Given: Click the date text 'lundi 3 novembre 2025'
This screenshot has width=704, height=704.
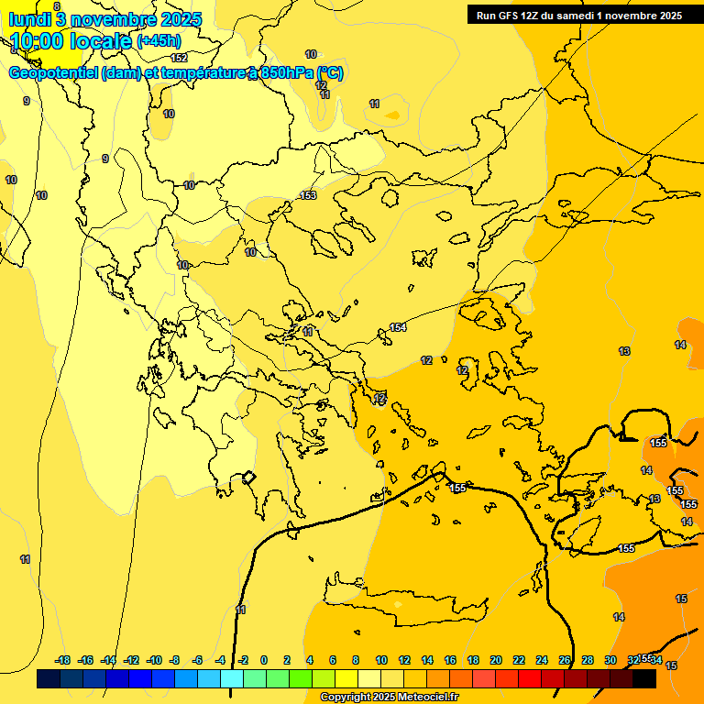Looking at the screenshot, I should (x=104, y=19).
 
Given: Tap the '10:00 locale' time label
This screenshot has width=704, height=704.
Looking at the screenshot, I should (x=71, y=41).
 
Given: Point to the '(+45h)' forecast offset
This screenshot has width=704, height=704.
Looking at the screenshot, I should (x=158, y=41).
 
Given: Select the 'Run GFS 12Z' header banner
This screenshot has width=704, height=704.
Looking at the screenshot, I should (x=578, y=16).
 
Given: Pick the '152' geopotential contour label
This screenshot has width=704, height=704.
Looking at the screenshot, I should (x=180, y=58).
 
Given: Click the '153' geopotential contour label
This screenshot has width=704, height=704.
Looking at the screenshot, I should (x=308, y=195).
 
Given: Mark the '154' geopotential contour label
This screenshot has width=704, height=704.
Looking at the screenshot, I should (x=398, y=327).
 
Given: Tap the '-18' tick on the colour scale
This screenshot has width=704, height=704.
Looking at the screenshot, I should (x=63, y=660).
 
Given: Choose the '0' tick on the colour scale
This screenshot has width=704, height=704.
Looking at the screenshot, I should (x=264, y=660).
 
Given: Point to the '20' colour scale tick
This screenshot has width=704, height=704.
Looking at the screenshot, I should (x=496, y=660).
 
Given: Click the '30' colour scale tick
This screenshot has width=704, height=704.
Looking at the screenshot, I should (x=610, y=660).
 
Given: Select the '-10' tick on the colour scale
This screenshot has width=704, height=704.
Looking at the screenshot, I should (x=154, y=660).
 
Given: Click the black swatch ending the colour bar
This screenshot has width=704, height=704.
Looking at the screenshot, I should (x=644, y=679).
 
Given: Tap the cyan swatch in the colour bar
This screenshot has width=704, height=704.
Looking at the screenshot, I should (x=232, y=679).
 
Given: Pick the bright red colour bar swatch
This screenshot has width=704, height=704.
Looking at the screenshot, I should (x=530, y=679).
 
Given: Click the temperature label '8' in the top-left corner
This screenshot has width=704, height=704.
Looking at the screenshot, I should (x=57, y=6).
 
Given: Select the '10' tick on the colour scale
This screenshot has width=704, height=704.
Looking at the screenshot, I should (x=380, y=660).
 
